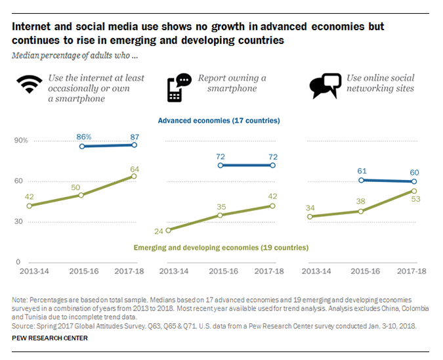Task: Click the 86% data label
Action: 83,136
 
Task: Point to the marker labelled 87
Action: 134,145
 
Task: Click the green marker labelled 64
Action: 134,176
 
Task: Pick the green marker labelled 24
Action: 168,230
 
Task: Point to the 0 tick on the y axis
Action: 18,262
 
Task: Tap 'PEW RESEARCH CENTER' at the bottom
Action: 49,338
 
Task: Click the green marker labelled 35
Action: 220,215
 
